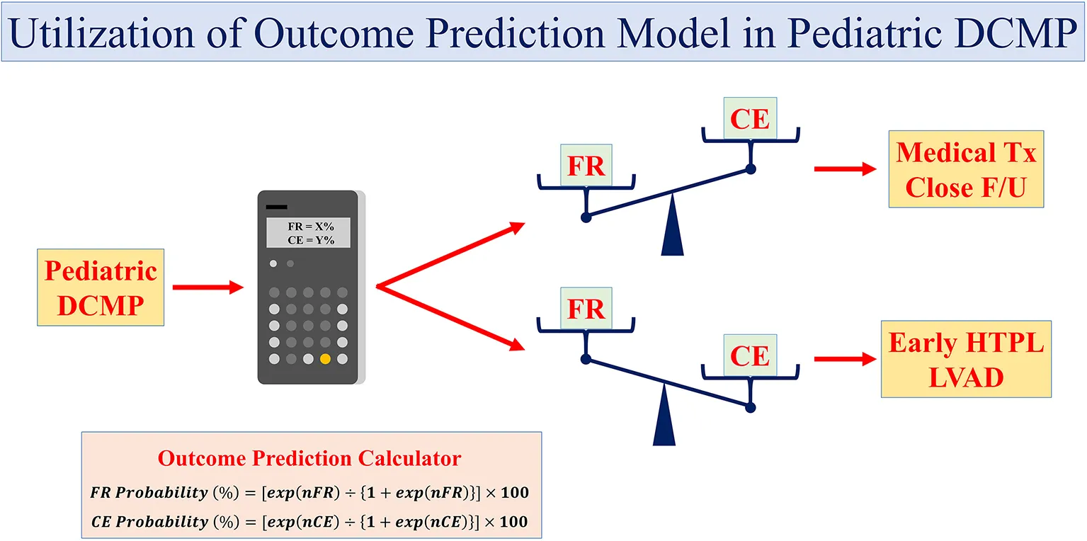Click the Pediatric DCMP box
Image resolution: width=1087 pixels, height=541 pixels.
(x=101, y=287)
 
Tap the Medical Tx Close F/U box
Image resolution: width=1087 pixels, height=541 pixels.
(x=966, y=169)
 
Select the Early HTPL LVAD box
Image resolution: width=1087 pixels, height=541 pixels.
(x=966, y=359)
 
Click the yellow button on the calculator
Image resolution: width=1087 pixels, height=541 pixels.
(x=325, y=359)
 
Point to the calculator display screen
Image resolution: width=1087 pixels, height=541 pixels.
(x=308, y=233)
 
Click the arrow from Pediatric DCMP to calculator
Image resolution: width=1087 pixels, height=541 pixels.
(x=207, y=287)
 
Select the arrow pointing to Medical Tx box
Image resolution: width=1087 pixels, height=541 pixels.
(x=846, y=169)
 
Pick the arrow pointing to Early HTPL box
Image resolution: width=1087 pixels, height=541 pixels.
(x=846, y=359)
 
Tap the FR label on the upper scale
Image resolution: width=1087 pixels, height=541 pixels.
(x=586, y=166)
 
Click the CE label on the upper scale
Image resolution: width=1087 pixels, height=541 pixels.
(x=750, y=118)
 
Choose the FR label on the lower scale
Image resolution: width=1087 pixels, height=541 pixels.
(x=586, y=309)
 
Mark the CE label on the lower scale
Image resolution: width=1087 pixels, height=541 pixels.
(x=750, y=355)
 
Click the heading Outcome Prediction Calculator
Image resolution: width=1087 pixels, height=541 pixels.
(x=309, y=459)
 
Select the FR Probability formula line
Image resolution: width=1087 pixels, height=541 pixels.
(x=309, y=492)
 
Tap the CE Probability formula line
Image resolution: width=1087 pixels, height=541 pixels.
(x=309, y=522)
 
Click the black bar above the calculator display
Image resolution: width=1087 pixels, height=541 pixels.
(x=277, y=207)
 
